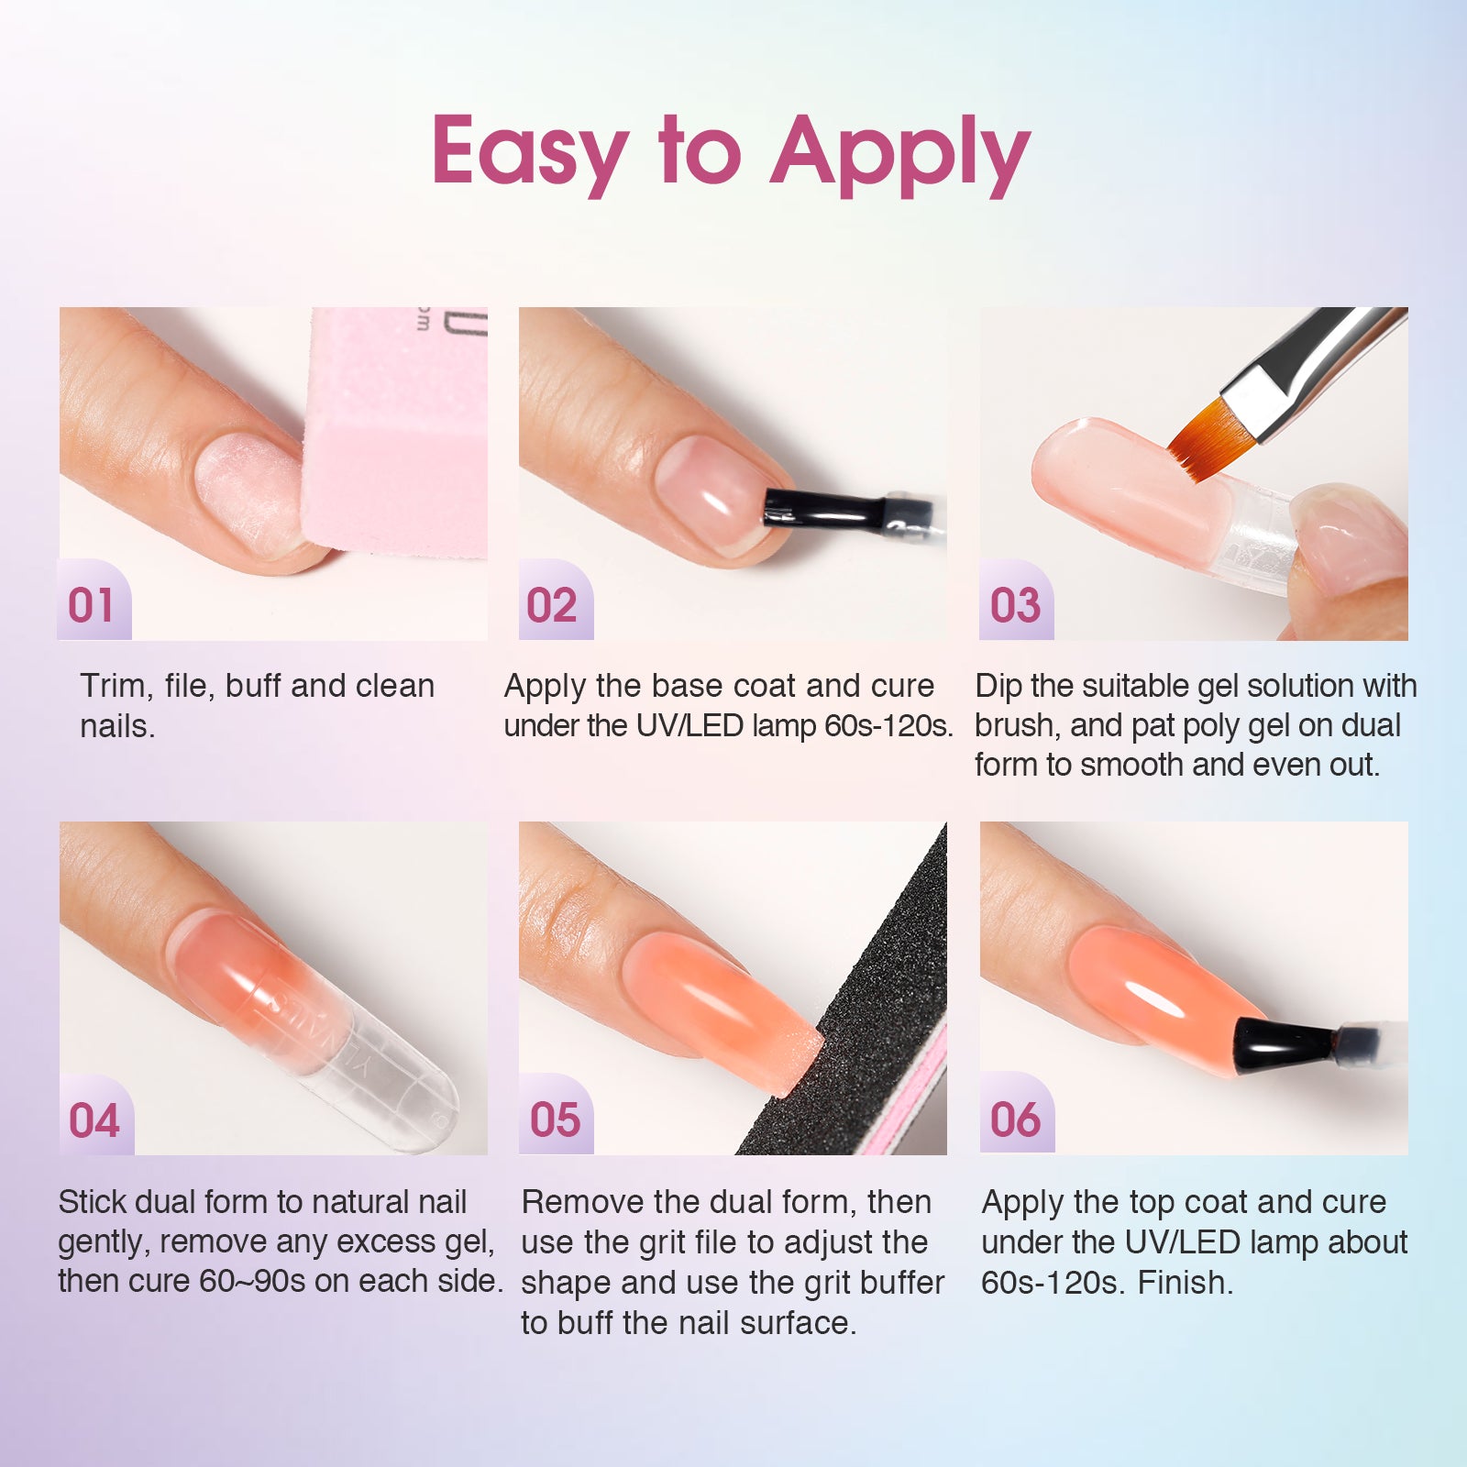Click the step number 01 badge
pyautogui.click(x=94, y=601)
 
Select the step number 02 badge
pyautogui.click(x=556, y=601)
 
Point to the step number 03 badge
pyautogui.click(x=1017, y=601)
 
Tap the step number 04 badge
pyautogui.click(x=96, y=1117)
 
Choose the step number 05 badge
pyautogui.click(x=556, y=1117)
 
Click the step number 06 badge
pyautogui.click(x=1017, y=1117)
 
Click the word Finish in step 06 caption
pyautogui.click(x=1185, y=1282)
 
